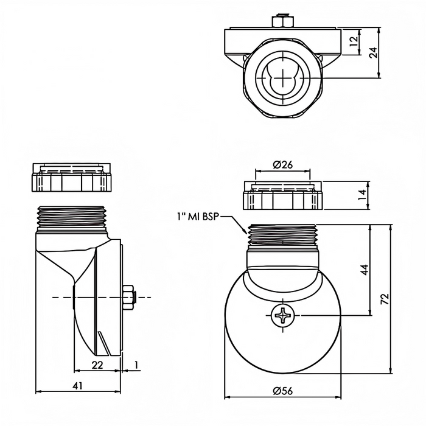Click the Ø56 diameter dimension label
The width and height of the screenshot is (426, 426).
point(283,391)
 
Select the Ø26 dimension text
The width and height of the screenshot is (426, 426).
point(283,165)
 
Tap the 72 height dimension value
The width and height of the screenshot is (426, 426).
point(385,299)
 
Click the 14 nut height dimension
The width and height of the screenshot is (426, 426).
point(362,195)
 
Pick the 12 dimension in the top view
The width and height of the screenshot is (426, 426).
point(354,41)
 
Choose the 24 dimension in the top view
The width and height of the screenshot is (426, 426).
point(373,53)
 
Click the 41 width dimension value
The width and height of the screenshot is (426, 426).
point(78,386)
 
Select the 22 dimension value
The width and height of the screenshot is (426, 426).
point(97,365)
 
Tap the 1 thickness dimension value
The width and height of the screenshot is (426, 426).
point(136,365)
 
